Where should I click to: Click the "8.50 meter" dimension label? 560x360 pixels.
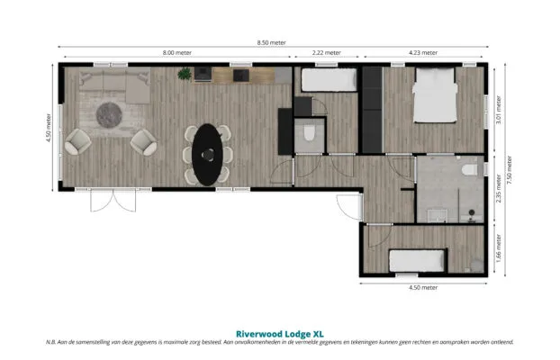coord(271,42)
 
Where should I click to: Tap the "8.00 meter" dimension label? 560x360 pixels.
coord(177,52)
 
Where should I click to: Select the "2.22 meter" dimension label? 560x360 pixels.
coord(327,52)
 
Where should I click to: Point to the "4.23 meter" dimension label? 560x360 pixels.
coord(423,52)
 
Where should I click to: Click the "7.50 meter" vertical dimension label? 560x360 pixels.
coord(510,169)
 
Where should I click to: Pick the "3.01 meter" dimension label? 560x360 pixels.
coord(499,110)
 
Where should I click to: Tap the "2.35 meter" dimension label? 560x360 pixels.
coord(499,188)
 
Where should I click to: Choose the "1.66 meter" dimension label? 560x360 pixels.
coord(499,248)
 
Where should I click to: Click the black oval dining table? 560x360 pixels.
coord(207,155)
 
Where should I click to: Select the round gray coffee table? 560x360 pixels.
coord(109,115)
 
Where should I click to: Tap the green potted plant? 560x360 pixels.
coord(185,74)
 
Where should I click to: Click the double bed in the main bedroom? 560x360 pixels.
coord(435,95)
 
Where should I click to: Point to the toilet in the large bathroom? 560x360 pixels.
coord(469,169)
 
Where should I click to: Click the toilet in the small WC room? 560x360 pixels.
coord(309,133)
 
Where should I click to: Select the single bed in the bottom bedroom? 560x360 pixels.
coord(417,261)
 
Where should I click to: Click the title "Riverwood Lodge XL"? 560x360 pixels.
coord(280,334)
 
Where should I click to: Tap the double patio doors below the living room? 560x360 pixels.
coord(113,200)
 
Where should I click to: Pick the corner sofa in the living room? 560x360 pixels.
coord(114,86)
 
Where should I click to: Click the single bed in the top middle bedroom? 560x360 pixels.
coord(329,80)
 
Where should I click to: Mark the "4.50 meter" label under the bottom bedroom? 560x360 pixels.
coord(423,287)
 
